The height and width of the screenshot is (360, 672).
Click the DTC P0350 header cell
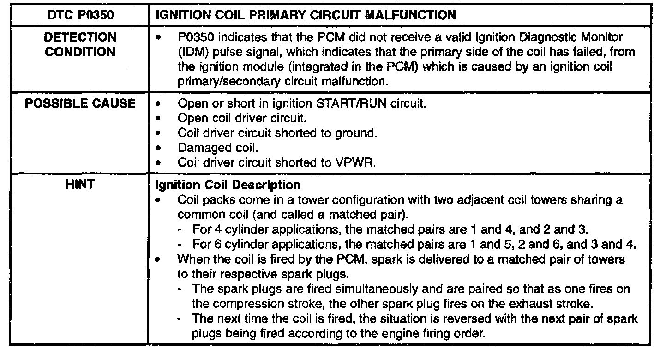79,15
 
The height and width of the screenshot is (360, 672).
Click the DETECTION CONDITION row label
80,44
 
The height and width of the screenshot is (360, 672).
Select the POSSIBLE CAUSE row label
80,103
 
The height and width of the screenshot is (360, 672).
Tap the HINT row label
80,185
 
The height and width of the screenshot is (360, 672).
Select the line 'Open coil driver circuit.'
242,119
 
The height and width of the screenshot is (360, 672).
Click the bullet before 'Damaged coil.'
159,149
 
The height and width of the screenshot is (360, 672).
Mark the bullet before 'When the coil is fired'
159,260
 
